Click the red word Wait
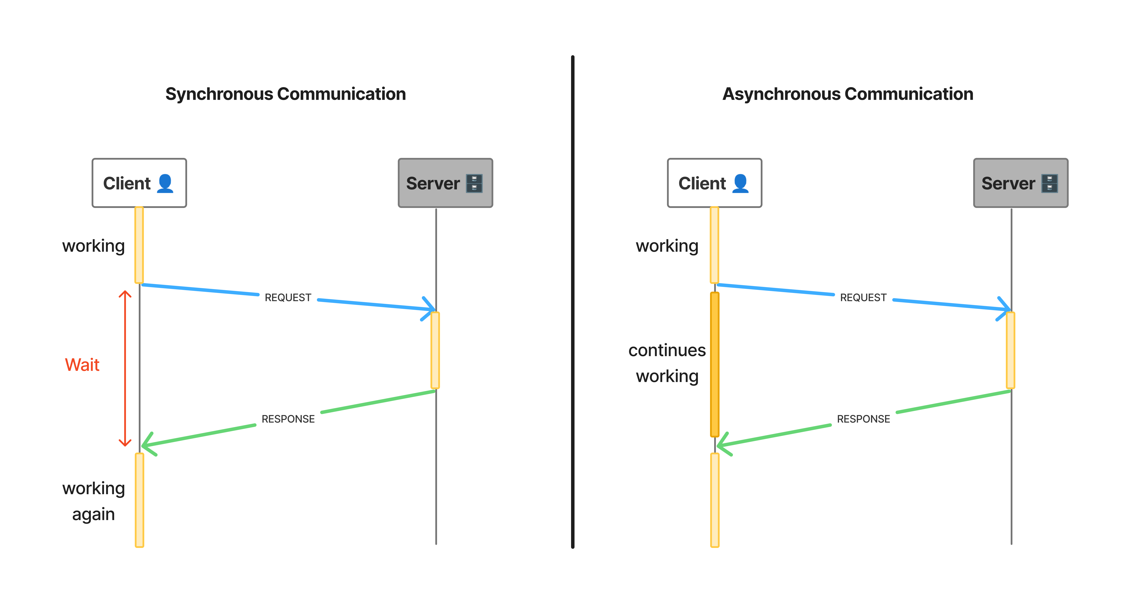tap(82, 365)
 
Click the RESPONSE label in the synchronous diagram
tap(288, 419)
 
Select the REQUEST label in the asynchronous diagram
tap(863, 297)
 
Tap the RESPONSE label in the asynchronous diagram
tap(863, 419)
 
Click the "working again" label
tap(93, 501)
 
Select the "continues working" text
tap(667, 363)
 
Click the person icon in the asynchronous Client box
tap(740, 183)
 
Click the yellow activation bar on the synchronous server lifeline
tap(435, 350)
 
